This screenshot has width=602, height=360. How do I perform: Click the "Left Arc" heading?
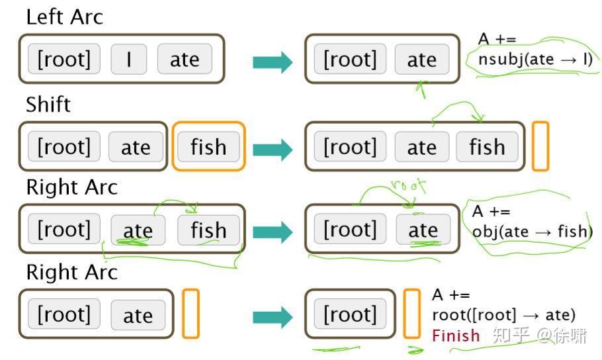[65, 17]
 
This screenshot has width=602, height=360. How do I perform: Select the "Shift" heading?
[48, 104]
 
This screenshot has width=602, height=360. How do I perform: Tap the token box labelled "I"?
[128, 60]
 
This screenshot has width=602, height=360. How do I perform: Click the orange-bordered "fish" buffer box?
[208, 147]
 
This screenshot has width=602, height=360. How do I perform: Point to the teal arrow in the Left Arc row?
[273, 63]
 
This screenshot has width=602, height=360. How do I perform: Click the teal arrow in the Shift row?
[273, 150]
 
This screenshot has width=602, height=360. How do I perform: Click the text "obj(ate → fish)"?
[533, 232]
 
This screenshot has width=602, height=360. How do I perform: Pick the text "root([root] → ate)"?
[503, 315]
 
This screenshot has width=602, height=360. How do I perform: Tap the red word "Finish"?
[456, 335]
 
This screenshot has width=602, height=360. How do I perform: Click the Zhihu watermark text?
[539, 336]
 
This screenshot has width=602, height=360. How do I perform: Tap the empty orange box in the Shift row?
[540, 146]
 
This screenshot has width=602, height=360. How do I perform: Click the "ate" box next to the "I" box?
[185, 60]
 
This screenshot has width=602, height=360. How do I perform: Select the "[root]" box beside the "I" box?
[64, 60]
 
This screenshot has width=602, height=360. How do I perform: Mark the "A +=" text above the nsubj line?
[497, 39]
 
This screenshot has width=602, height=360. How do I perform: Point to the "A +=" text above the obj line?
[492, 212]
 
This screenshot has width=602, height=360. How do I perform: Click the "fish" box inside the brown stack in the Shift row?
[487, 147]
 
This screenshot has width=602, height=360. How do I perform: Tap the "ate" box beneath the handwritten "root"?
[423, 230]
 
